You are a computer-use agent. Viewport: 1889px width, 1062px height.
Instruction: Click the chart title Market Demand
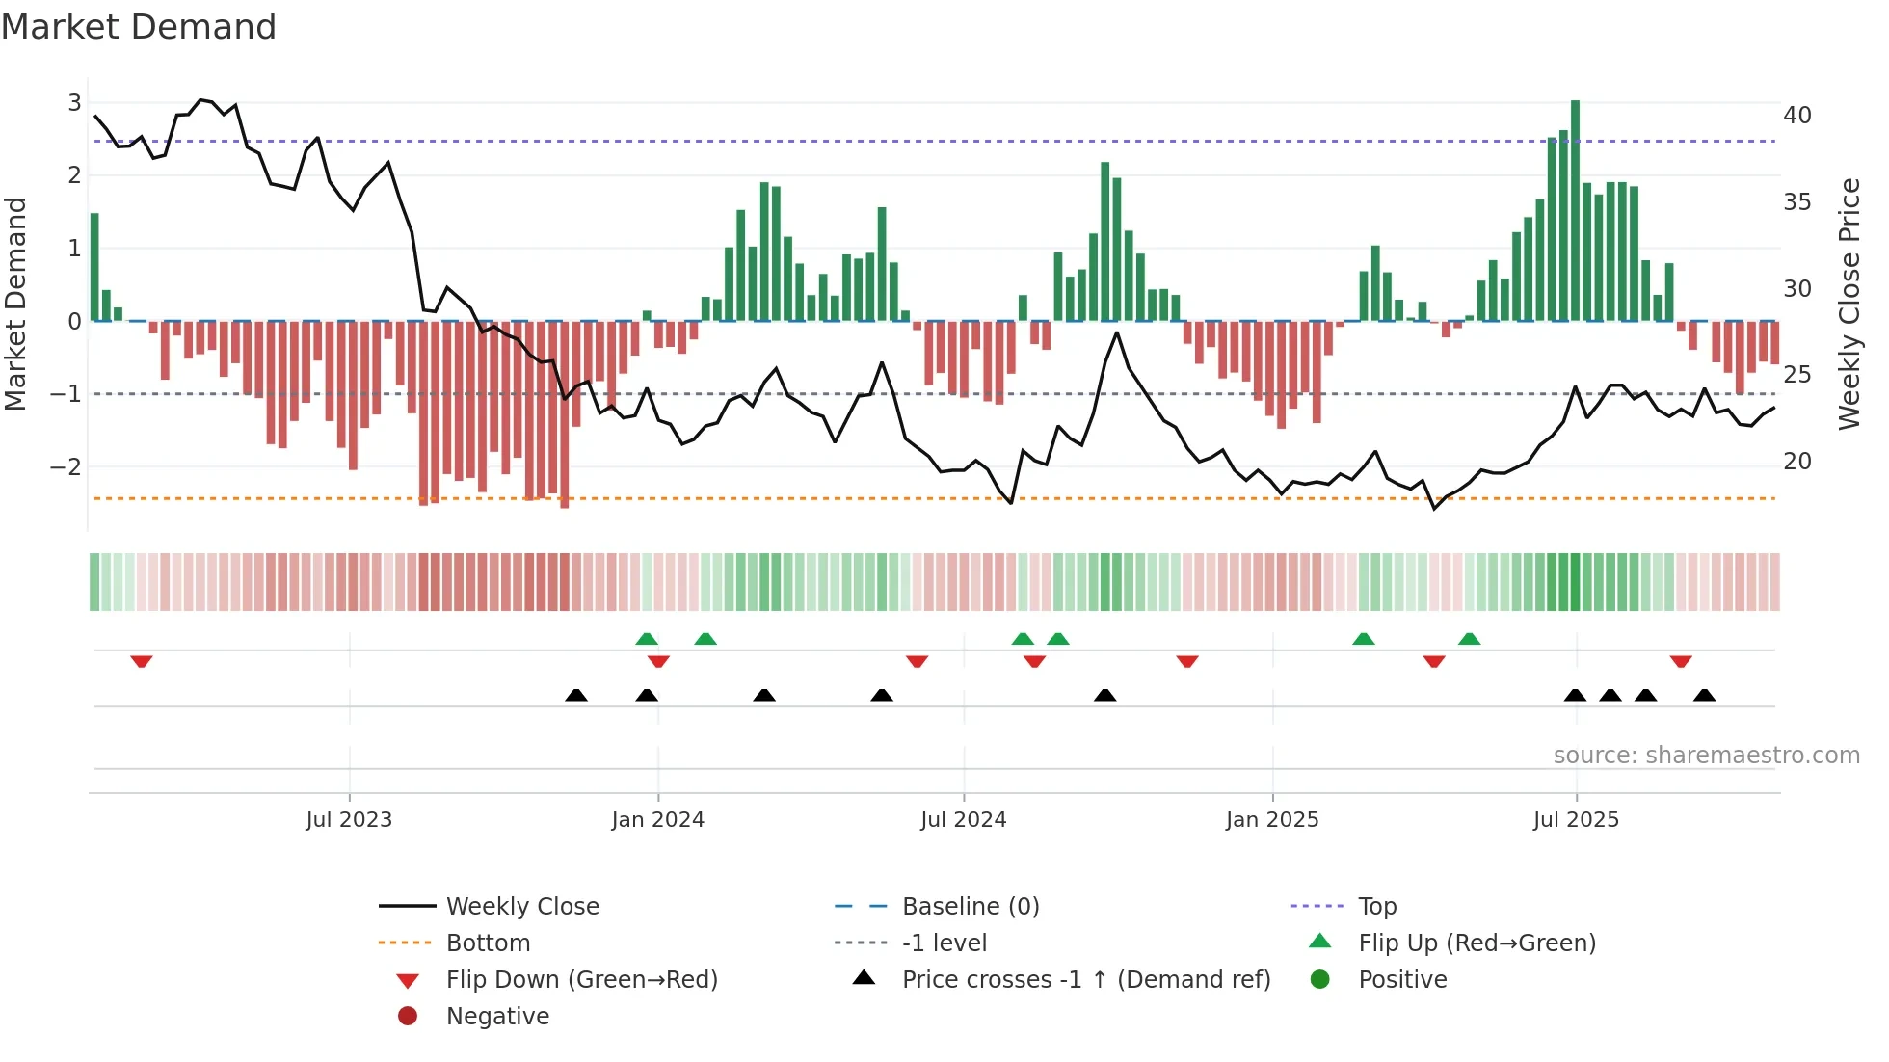click(139, 27)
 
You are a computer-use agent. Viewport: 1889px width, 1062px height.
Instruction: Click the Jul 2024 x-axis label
click(963, 820)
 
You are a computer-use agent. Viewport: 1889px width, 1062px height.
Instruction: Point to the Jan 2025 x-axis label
click(1272, 820)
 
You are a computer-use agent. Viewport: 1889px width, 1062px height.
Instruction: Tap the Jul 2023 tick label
click(349, 820)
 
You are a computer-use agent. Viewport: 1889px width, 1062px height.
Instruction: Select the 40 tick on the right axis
click(1796, 116)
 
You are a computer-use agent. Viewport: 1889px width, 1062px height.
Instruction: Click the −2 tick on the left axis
click(66, 467)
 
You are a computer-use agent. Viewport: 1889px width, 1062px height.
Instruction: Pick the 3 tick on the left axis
click(74, 103)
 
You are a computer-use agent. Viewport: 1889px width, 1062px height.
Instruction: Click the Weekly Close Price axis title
click(1849, 304)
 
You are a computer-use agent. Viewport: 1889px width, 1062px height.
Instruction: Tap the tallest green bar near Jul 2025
click(1575, 210)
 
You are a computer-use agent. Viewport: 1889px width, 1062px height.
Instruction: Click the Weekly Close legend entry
click(521, 907)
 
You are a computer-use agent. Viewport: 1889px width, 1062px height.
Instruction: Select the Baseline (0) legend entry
click(970, 907)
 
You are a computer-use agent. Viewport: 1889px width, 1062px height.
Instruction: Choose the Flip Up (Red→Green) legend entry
click(1477, 943)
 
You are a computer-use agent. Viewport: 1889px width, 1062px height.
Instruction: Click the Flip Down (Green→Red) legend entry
click(581, 980)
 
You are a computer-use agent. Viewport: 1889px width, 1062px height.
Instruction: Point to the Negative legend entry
click(497, 1017)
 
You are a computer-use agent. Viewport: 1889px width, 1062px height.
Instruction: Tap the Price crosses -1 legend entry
click(1085, 980)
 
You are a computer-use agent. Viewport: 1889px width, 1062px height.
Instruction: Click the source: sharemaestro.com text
click(1706, 756)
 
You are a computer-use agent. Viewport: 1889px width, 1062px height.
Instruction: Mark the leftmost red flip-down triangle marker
click(142, 661)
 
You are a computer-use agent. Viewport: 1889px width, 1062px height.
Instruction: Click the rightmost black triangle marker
click(1704, 695)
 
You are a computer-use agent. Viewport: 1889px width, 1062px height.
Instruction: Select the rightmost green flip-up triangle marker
click(1469, 639)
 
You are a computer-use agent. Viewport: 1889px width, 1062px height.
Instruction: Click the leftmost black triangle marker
click(576, 695)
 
